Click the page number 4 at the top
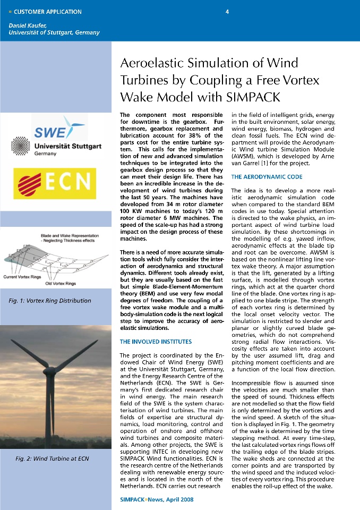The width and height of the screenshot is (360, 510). click(227, 12)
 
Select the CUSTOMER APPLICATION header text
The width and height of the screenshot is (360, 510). click(48, 12)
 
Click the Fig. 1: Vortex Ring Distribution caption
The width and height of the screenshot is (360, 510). click(50, 301)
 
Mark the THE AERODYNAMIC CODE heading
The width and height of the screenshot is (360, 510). click(267, 176)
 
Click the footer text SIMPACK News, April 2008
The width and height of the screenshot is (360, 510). click(157, 499)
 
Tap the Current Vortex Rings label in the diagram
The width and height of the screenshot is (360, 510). click(24, 277)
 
